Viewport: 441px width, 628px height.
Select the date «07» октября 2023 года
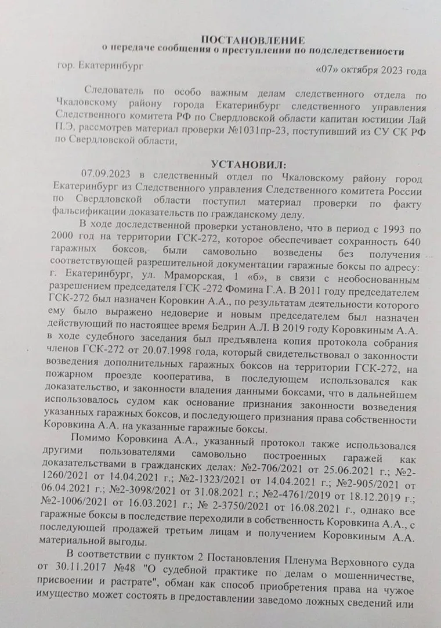tap(371, 71)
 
